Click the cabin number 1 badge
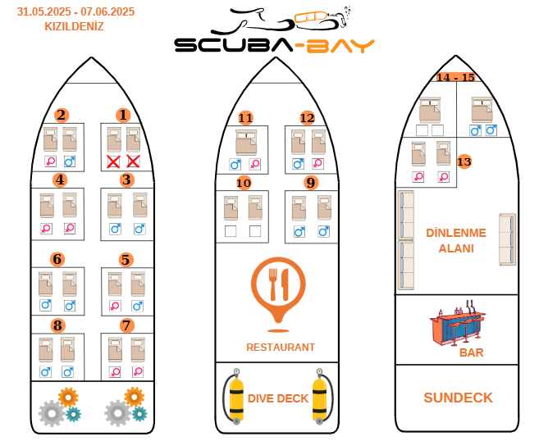123,116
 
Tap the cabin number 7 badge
127,325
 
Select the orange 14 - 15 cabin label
456,77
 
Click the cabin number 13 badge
464,161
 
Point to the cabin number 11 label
246,118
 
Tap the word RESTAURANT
281,348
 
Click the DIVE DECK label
278,398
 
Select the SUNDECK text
459,398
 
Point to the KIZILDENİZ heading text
75,26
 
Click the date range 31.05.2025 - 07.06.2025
75,11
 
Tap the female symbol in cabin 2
51,161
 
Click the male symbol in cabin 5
138,306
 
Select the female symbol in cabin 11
254,165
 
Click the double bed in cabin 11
246,142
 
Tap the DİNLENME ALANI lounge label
456,240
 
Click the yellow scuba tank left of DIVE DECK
236,397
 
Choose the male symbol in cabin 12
298,164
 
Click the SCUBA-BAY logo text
274,46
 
